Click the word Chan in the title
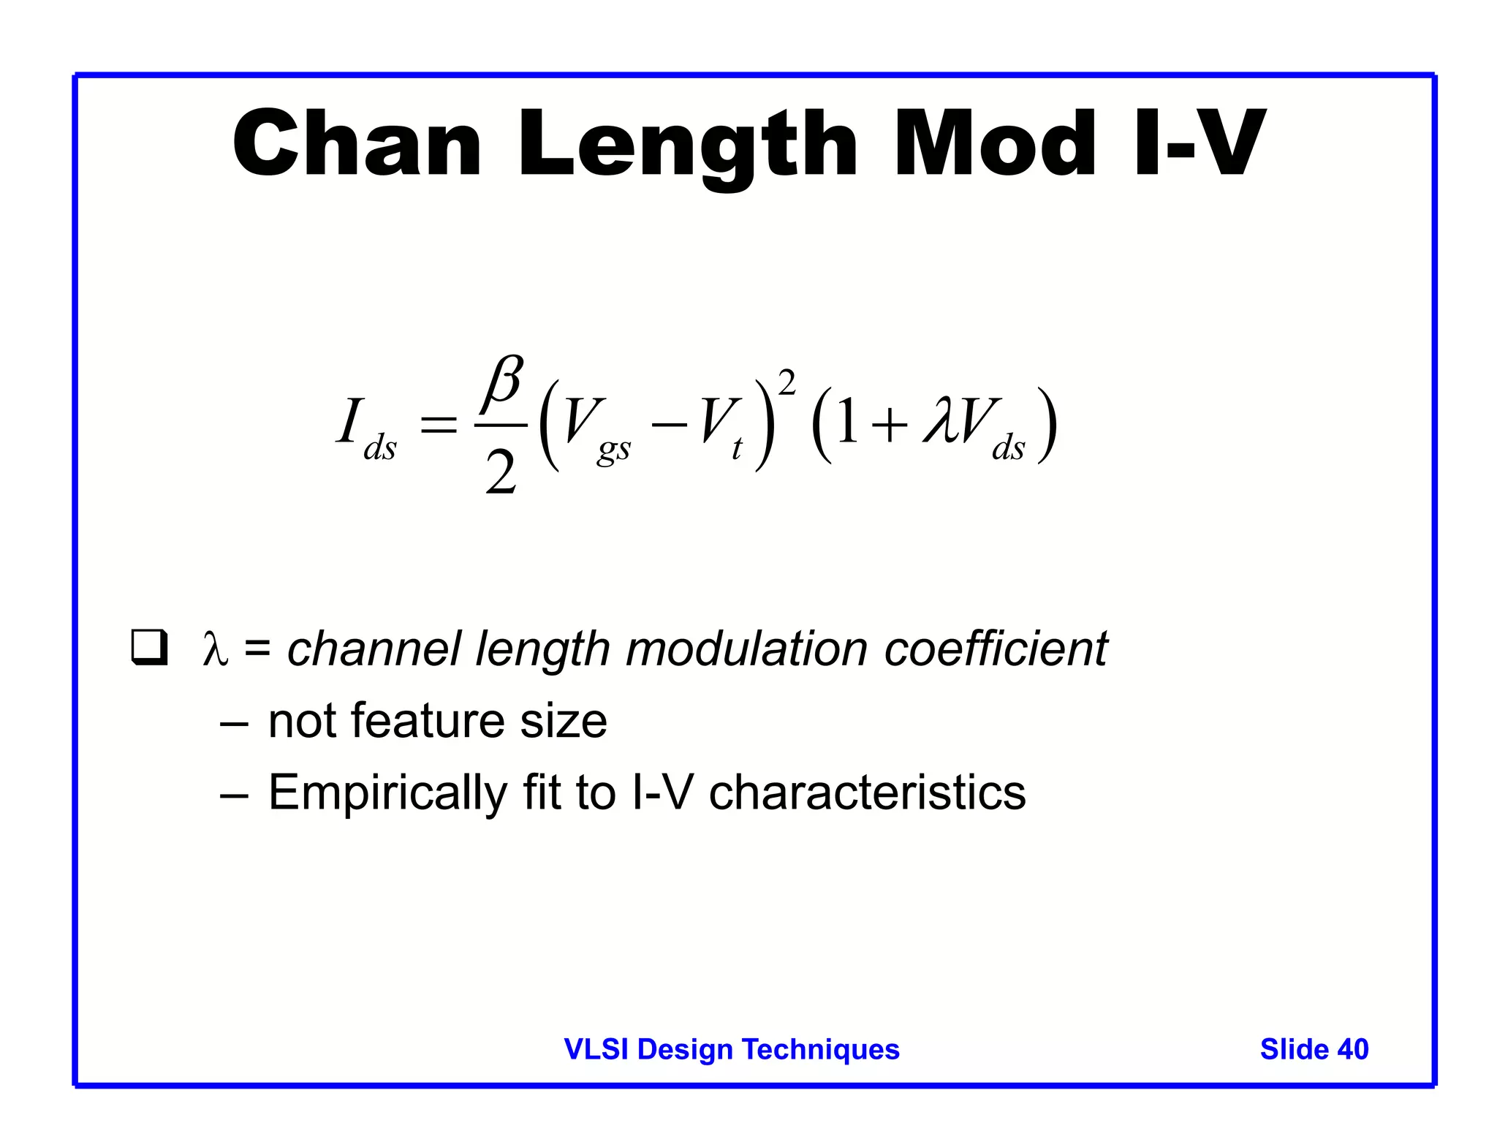pos(357,144)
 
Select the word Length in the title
pos(687,146)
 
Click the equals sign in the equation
pos(438,425)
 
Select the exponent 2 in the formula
pos(787,382)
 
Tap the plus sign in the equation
pos(890,425)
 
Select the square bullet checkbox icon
pos(149,647)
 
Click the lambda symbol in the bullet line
pos(215,649)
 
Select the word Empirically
pos(387,793)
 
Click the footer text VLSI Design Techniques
pos(732,1049)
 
